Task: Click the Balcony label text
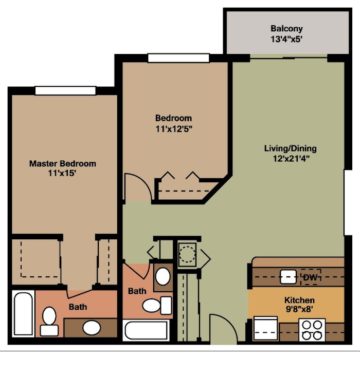286,29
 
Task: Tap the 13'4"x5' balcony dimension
286,39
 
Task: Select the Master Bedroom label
63,163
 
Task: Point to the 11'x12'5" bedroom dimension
174,129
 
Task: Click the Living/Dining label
291,148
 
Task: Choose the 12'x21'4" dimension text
291,159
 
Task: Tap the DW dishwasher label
311,278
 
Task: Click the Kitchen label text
299,300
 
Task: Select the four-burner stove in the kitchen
312,330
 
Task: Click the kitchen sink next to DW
288,277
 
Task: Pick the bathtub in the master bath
23,314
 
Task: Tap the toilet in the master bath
49,321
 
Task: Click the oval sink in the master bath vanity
92,328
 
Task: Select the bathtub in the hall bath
147,330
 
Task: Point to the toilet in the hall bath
157,306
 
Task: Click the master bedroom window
65,90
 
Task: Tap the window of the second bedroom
178,58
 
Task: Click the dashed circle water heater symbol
187,254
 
